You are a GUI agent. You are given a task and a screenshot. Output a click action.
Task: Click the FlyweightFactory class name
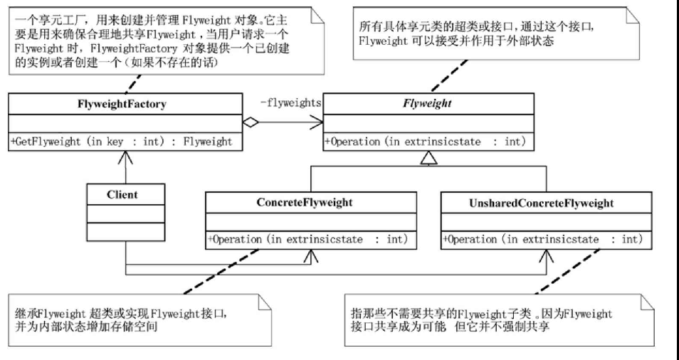coord(122,104)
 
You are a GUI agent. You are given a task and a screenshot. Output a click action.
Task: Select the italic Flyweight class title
coord(428,104)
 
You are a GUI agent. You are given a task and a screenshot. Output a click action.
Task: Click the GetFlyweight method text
coord(122,142)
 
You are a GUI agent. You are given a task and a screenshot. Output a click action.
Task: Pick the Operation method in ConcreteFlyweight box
coord(307,240)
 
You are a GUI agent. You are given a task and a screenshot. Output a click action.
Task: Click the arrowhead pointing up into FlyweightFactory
coord(125,157)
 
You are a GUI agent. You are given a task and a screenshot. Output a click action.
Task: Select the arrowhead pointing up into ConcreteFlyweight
coord(310,255)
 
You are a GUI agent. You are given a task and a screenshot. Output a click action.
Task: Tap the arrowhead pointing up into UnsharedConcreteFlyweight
coord(545,255)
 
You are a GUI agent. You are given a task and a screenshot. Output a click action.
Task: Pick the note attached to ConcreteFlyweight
coord(136,319)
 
